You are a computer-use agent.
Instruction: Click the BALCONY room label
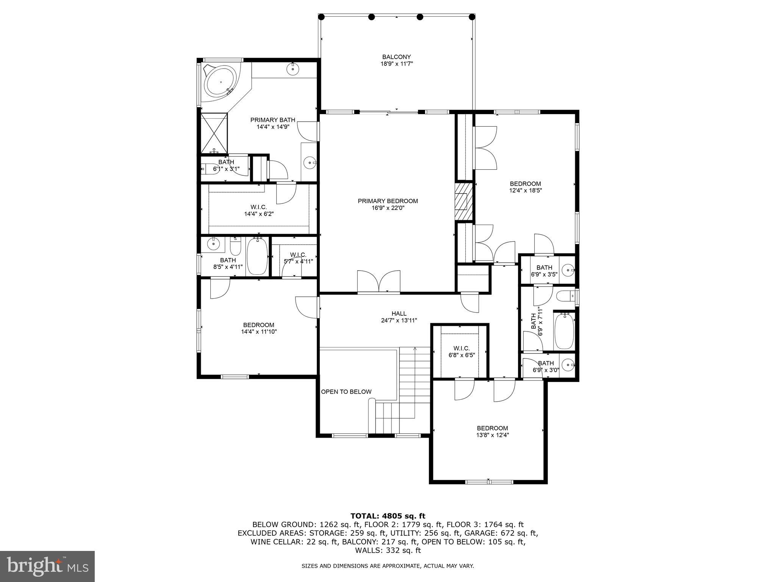click(396, 57)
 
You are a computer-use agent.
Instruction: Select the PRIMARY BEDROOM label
click(388, 201)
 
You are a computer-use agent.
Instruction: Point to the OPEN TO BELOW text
click(346, 392)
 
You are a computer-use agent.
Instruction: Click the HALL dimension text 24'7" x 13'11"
click(399, 321)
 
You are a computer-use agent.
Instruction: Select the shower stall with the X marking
click(214, 133)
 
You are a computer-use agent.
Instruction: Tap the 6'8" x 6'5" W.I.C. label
click(461, 352)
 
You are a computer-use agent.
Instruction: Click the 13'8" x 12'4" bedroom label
click(492, 432)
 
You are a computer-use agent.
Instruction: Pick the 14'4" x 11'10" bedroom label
click(259, 329)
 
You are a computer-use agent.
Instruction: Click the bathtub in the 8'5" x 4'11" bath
click(258, 256)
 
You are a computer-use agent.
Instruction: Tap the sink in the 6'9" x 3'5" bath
click(567, 270)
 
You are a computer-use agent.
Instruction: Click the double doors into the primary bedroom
click(379, 282)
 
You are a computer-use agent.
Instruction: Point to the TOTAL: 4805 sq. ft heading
click(388, 516)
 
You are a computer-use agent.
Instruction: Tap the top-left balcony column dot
click(321, 17)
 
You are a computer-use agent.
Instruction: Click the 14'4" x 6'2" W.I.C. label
click(259, 210)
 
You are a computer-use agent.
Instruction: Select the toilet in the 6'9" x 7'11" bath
click(565, 296)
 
